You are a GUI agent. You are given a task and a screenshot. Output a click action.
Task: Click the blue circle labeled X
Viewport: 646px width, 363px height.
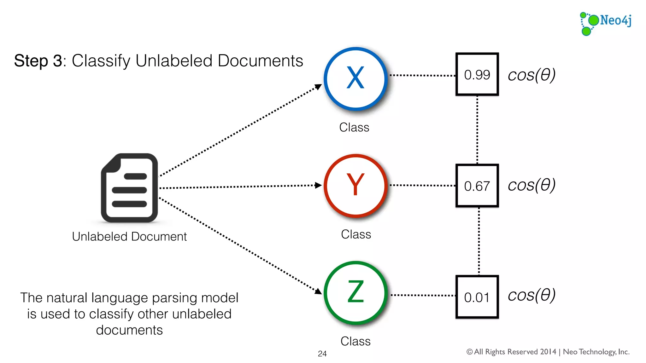pos(355,78)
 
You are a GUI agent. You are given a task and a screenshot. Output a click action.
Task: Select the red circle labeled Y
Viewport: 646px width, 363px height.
pos(355,185)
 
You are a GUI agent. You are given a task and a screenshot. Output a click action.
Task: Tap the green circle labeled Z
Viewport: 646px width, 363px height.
pos(355,292)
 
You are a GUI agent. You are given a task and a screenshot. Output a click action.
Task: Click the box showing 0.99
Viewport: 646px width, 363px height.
pos(477,74)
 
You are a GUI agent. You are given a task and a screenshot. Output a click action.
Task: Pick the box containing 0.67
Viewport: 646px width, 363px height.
pos(477,186)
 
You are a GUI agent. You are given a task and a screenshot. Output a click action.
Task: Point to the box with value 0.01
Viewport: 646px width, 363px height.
pos(477,297)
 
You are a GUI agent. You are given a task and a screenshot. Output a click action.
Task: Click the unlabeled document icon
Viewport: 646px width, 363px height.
pos(129,188)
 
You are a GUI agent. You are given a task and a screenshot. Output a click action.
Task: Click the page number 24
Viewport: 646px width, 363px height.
pos(322,354)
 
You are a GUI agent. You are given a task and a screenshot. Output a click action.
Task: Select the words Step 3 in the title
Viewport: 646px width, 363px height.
pos(38,60)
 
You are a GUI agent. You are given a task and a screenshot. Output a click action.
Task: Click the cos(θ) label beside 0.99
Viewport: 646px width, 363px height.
pos(531,75)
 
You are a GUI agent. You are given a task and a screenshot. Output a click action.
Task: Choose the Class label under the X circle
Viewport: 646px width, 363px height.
pos(354,127)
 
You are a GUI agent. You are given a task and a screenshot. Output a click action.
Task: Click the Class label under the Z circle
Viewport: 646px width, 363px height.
pos(355,341)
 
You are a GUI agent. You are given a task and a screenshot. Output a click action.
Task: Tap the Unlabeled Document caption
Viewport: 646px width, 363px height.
pos(129,236)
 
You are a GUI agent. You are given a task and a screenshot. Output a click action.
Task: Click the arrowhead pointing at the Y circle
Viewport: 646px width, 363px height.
pos(318,185)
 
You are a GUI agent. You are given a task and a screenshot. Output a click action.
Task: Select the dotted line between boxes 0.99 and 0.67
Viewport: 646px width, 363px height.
pos(477,129)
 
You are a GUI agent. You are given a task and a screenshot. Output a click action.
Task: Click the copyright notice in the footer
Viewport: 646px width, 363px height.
pos(548,352)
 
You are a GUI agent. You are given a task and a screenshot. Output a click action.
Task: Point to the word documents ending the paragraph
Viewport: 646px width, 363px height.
pos(129,330)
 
